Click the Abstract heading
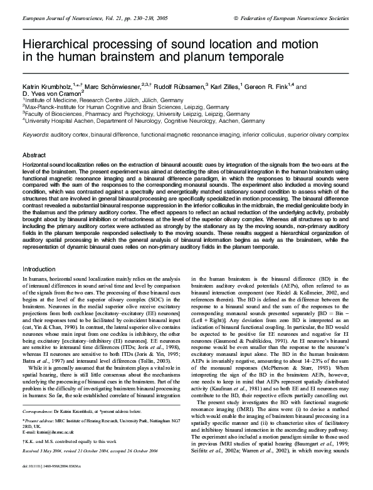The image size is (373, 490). (x=33, y=154)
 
